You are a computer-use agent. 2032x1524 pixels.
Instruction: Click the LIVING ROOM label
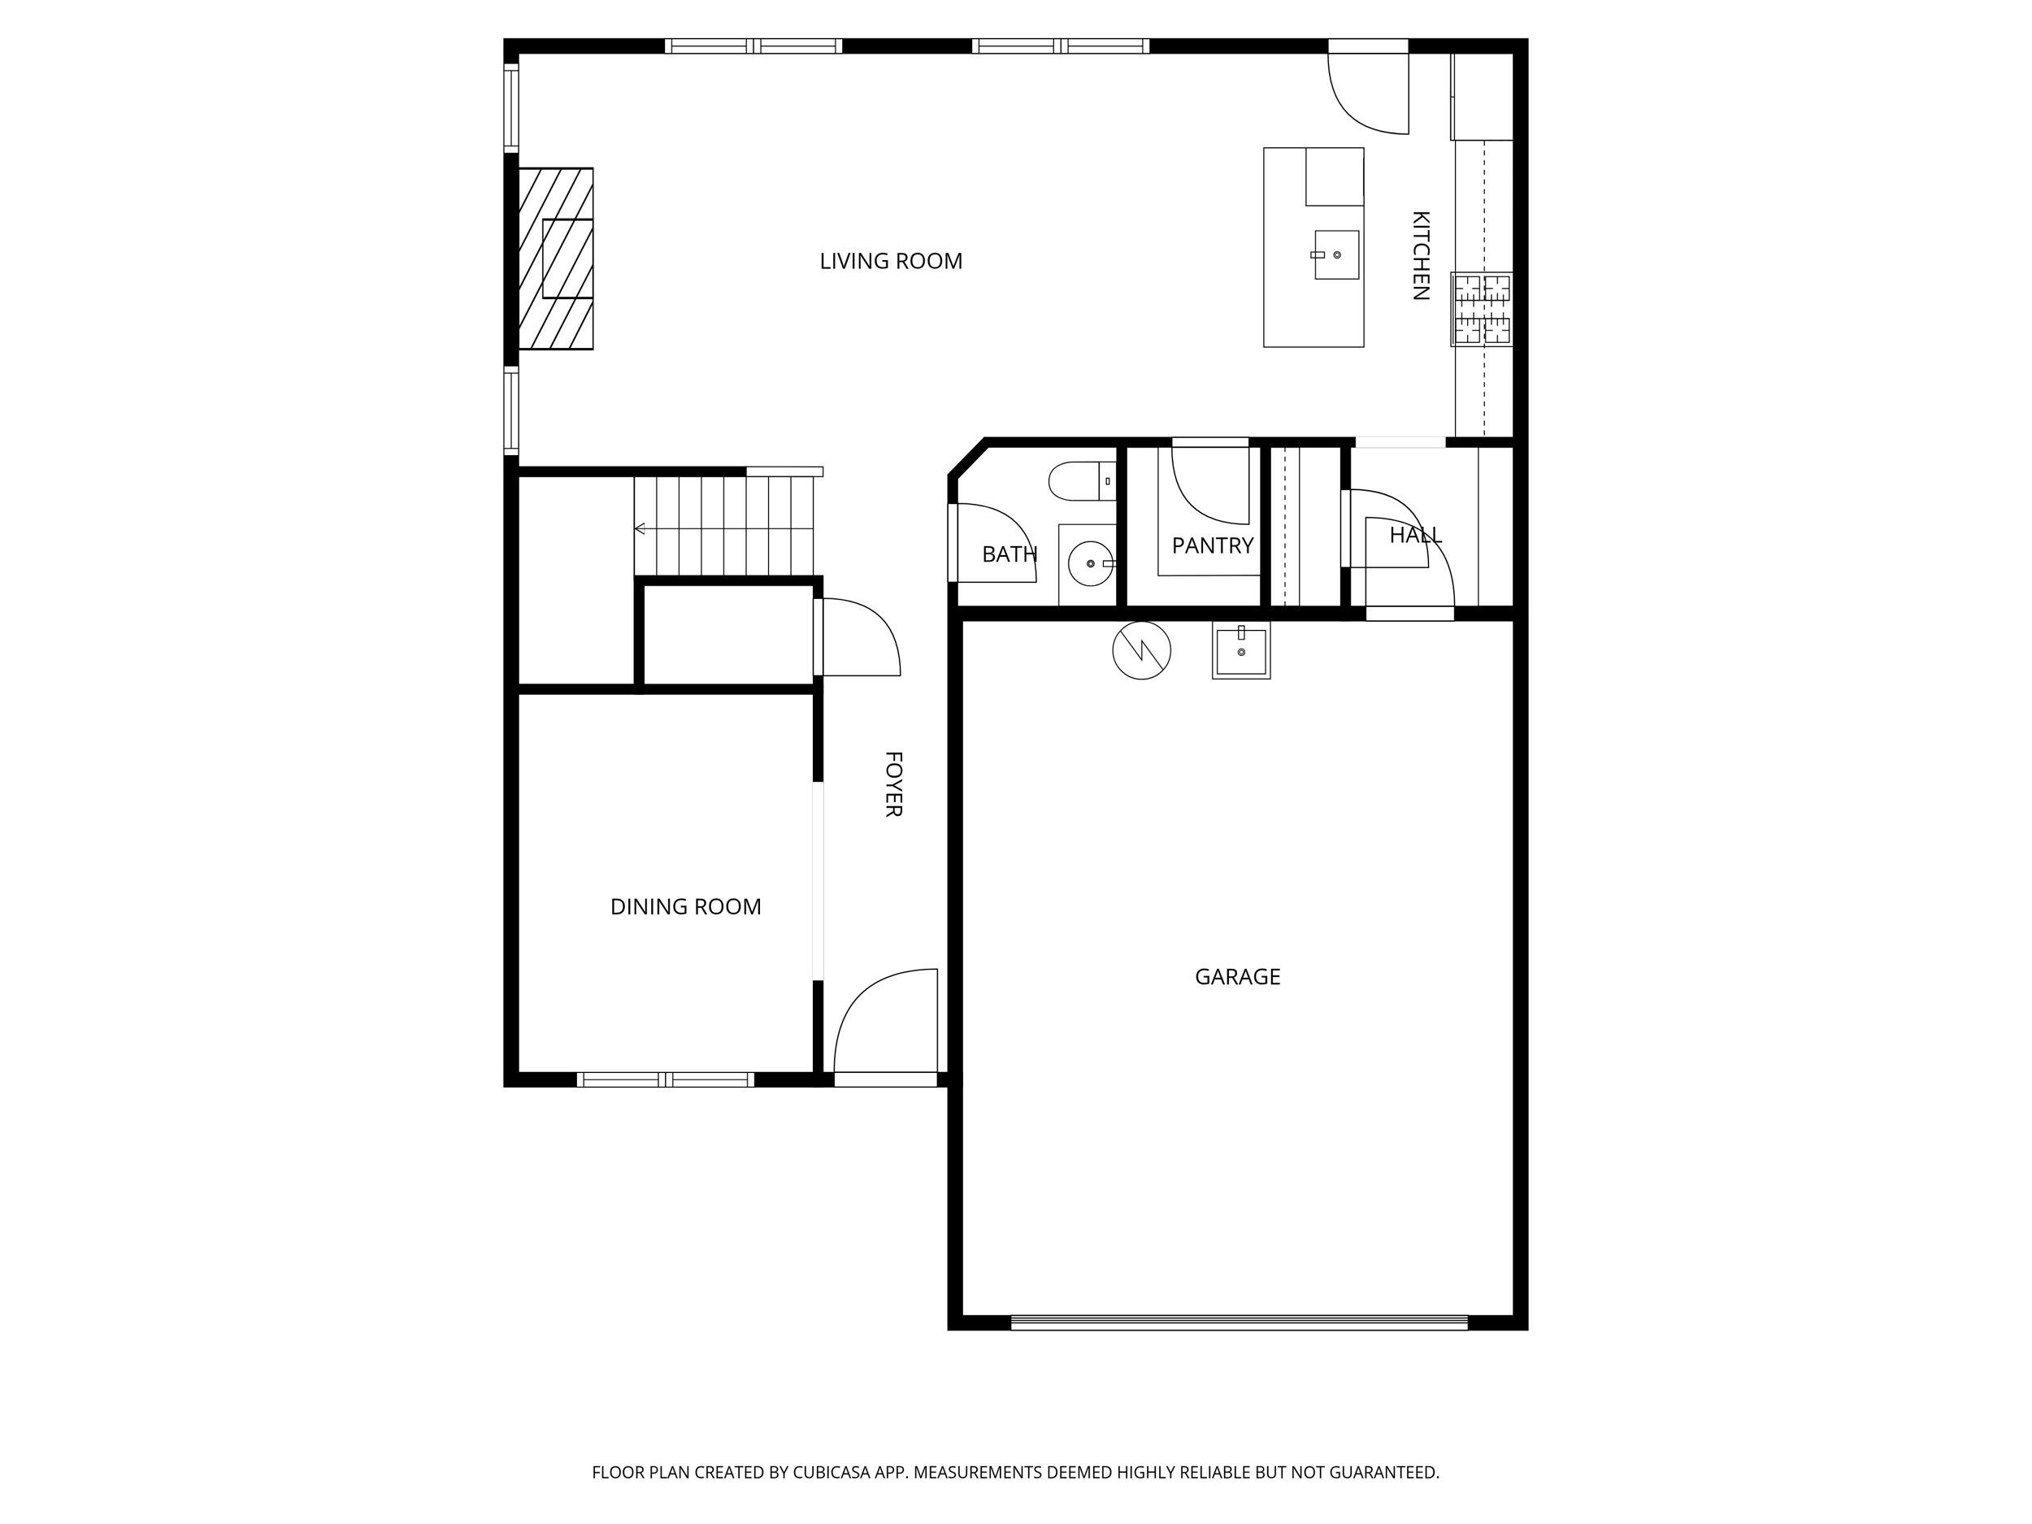(890, 262)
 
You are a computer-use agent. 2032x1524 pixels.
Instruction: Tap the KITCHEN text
(1420, 255)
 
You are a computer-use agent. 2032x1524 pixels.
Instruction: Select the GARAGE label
(1236, 976)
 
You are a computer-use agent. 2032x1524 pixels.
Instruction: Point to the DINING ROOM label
(685, 907)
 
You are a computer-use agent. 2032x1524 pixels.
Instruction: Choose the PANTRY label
(1212, 545)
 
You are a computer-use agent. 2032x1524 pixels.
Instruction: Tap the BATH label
(1009, 554)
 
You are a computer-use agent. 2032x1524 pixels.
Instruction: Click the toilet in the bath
(1079, 480)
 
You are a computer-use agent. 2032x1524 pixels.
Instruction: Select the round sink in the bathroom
(1091, 563)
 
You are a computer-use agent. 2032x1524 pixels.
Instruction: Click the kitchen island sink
(1335, 254)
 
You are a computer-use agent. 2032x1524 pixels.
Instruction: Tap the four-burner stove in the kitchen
(1481, 310)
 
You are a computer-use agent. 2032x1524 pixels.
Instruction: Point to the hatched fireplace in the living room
(556, 258)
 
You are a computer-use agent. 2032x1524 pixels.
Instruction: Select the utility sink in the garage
(1241, 650)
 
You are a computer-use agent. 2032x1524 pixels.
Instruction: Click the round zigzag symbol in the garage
(1141, 650)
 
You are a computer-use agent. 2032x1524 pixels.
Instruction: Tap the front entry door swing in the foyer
(884, 1024)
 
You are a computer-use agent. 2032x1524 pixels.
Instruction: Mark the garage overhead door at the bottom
(1239, 1322)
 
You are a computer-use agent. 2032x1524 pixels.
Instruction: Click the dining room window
(665, 1079)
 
